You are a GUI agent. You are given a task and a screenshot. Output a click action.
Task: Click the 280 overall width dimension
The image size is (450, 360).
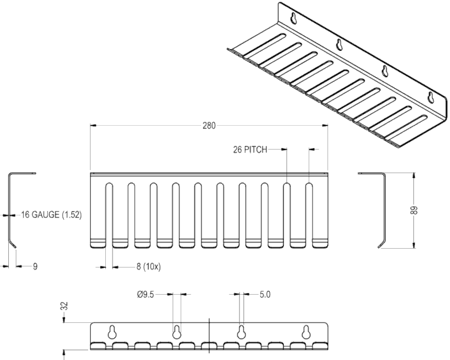point(209,126)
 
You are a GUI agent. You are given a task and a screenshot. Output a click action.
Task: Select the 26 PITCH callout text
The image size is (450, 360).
point(250,150)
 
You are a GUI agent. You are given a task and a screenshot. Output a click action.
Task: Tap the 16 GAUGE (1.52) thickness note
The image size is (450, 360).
point(52,214)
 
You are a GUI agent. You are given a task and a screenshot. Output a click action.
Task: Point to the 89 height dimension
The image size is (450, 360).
point(414,210)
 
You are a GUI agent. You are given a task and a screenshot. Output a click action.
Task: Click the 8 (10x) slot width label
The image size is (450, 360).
point(149,267)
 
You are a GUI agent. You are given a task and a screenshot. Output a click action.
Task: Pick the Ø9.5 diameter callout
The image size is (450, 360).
point(146,294)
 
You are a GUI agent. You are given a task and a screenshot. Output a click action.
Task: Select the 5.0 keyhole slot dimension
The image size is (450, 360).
point(265,294)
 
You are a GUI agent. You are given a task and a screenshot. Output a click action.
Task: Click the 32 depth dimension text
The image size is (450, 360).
point(65,306)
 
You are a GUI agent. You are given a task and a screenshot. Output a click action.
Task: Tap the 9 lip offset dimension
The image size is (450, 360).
point(35,267)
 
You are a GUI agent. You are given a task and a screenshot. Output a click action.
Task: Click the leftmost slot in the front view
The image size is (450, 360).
point(109,215)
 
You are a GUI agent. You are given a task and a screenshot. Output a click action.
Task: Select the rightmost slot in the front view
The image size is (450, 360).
point(309,215)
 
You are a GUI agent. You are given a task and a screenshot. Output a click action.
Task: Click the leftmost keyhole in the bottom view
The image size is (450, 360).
point(112,332)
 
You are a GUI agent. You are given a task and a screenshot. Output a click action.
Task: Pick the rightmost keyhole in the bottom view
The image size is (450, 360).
point(306,332)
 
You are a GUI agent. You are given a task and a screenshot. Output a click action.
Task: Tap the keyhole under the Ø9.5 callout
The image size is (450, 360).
point(176,332)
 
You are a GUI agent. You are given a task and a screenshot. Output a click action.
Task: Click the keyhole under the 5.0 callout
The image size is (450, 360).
point(242,332)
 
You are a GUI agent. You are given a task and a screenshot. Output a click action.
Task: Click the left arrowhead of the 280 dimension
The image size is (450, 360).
point(93,125)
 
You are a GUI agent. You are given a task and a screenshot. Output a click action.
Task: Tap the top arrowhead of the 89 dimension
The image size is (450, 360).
point(413,175)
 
